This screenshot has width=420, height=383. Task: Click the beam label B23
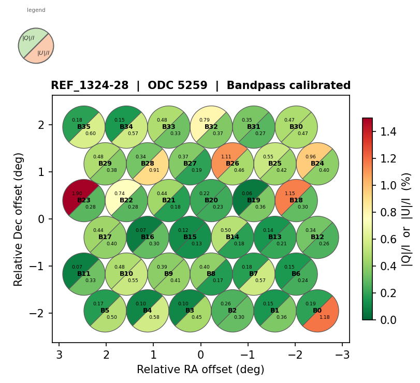(x=84, y=200)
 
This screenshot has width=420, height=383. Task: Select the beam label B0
(x=317, y=311)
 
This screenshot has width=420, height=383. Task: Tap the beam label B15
(x=190, y=237)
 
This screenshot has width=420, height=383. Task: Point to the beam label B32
(x=211, y=127)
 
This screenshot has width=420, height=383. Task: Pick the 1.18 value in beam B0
(x=325, y=317)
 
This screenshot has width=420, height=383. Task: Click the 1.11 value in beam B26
(x=226, y=157)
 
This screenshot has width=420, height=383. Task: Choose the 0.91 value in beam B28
(x=154, y=170)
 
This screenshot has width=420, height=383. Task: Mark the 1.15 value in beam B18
(x=290, y=194)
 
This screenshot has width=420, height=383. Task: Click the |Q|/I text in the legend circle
(x=28, y=38)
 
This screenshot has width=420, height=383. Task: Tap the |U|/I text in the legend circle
(x=44, y=53)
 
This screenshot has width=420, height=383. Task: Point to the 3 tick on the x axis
(x=59, y=355)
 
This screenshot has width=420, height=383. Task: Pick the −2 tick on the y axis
(x=41, y=313)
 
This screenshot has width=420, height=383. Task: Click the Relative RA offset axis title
(x=200, y=370)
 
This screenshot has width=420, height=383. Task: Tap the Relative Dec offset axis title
(x=19, y=219)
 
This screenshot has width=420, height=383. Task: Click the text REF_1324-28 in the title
(x=90, y=86)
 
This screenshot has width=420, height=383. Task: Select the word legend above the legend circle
(x=36, y=10)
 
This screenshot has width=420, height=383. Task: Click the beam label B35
(x=84, y=127)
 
